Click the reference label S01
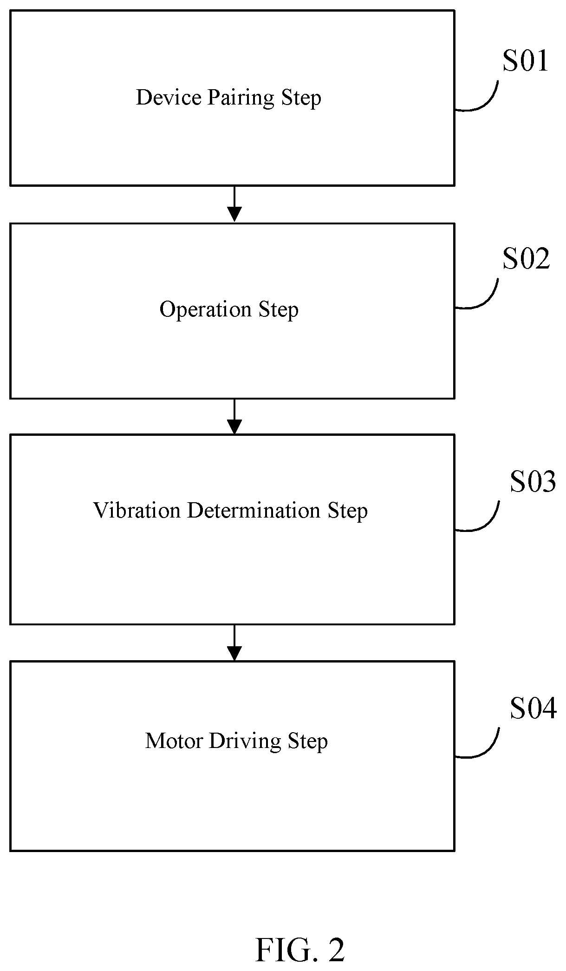coord(525,61)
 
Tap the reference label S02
coord(526,259)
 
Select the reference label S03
coord(533,481)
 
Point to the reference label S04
coord(533,709)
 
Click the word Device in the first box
coord(169,98)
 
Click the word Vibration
coord(137,511)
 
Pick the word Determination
coord(254,511)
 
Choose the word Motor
coord(174,741)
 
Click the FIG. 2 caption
coord(300,950)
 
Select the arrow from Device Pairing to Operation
coord(234,203)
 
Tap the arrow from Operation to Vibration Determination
coord(234,416)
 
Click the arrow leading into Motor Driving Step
coord(234,642)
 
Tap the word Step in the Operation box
coord(279,310)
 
